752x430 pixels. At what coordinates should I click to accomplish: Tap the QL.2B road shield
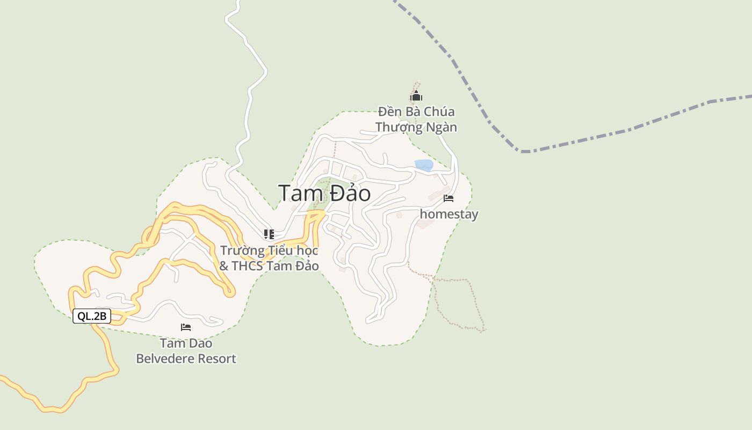(x=92, y=316)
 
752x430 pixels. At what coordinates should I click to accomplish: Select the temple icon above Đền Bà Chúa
(x=416, y=97)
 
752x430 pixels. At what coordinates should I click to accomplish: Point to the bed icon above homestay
(x=449, y=199)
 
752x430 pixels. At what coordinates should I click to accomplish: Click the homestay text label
(x=449, y=214)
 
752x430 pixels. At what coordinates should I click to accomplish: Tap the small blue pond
(x=424, y=165)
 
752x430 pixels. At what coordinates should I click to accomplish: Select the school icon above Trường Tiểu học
(x=269, y=234)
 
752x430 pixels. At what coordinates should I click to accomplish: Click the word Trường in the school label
(x=243, y=250)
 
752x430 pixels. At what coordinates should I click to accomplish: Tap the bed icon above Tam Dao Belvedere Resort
(x=186, y=327)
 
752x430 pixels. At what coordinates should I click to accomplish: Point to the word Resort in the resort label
(x=216, y=359)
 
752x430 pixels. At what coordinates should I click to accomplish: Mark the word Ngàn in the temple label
(x=440, y=127)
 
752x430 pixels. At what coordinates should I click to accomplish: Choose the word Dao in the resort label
(x=199, y=343)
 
